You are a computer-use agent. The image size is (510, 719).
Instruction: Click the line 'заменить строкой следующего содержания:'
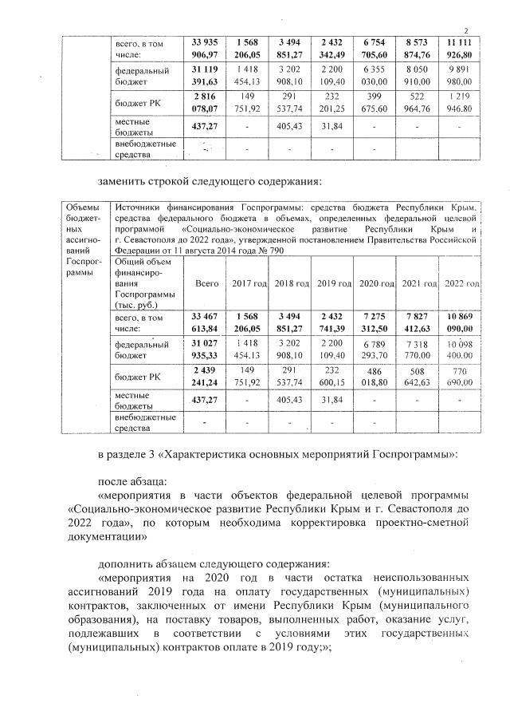209,180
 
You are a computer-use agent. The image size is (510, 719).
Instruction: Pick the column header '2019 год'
334,285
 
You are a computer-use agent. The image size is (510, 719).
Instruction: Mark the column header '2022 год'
461,285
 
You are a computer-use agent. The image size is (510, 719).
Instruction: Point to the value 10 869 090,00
461,322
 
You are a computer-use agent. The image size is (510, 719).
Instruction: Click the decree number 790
277,250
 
